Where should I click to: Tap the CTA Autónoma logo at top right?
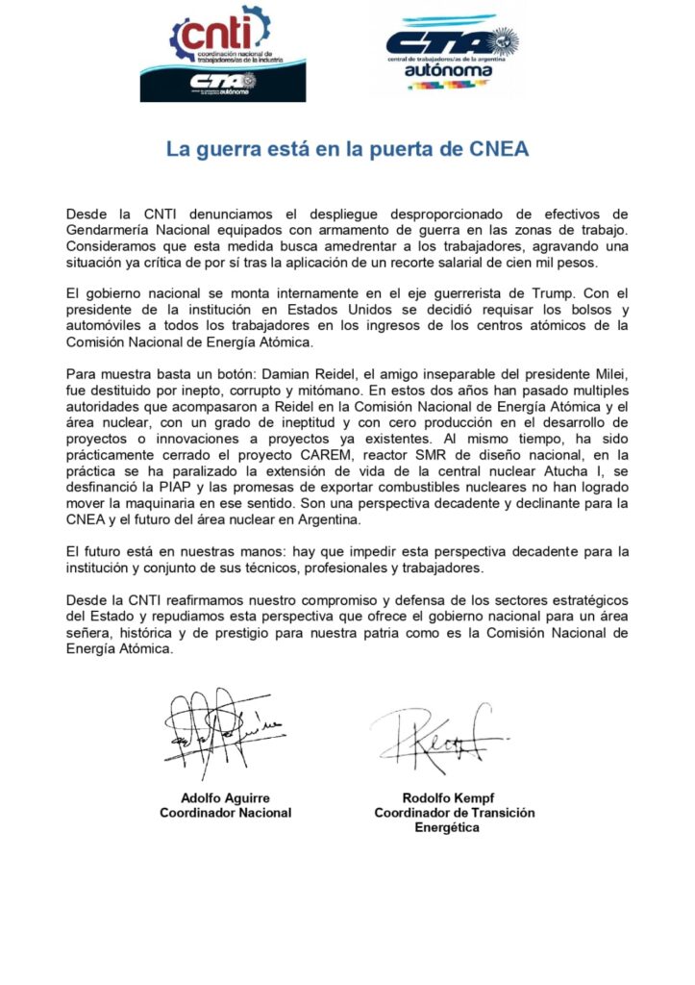pyautogui.click(x=451, y=53)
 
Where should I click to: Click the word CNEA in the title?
pyautogui.click(x=500, y=150)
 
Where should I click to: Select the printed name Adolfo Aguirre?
pyautogui.click(x=225, y=797)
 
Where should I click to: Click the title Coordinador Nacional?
pyautogui.click(x=225, y=813)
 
